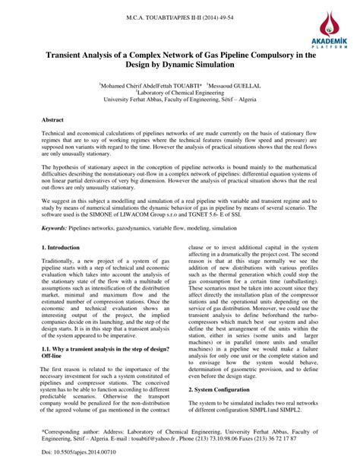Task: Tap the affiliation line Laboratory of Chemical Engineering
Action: (x=179, y=94)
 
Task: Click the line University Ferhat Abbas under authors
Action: (x=179, y=100)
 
